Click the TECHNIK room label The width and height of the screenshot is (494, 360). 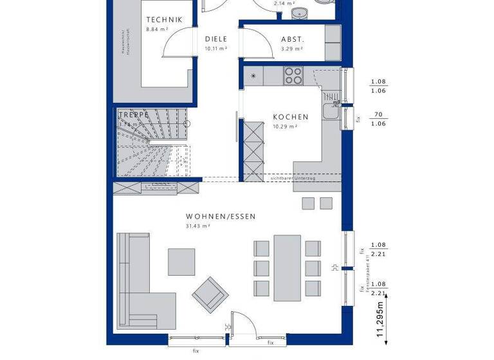164,20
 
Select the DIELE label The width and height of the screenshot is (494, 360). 216,39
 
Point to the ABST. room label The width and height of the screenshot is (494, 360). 293,39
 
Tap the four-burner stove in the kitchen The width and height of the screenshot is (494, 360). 293,76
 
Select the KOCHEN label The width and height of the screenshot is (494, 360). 291,117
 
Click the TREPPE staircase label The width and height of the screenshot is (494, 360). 133,115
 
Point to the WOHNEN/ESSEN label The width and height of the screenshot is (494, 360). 221,217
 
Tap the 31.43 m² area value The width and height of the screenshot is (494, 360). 199,226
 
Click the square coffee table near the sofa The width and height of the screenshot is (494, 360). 181,262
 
